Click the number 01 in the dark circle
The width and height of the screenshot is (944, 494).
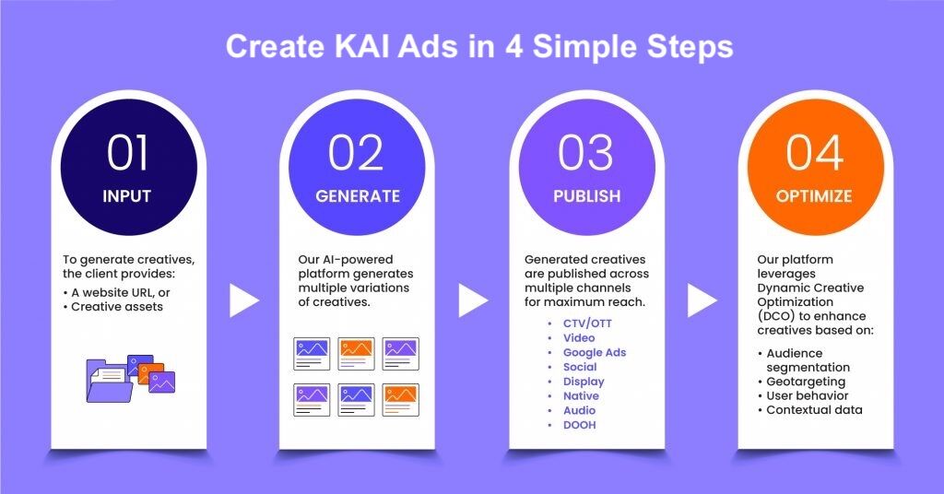click(127, 153)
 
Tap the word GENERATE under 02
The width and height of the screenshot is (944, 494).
click(358, 196)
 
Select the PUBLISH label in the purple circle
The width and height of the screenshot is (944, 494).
click(586, 196)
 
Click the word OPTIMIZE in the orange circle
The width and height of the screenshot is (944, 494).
click(814, 196)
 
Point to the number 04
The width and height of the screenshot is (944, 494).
click(815, 153)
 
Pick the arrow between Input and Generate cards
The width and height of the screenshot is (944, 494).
click(243, 300)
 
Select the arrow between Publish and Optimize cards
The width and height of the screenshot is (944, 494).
click(702, 300)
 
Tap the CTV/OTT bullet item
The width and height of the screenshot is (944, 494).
click(587, 323)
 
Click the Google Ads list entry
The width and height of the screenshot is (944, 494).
click(595, 353)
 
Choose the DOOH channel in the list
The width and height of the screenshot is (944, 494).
click(579, 425)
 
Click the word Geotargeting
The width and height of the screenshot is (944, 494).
click(806, 382)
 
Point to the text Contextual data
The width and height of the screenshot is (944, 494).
click(814, 410)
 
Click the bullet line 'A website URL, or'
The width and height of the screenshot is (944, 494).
click(121, 292)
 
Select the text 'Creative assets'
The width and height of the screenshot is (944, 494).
click(117, 307)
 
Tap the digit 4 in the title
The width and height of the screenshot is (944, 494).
click(513, 46)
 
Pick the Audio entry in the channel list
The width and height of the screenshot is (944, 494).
click(579, 410)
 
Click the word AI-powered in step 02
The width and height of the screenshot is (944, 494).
click(354, 259)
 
